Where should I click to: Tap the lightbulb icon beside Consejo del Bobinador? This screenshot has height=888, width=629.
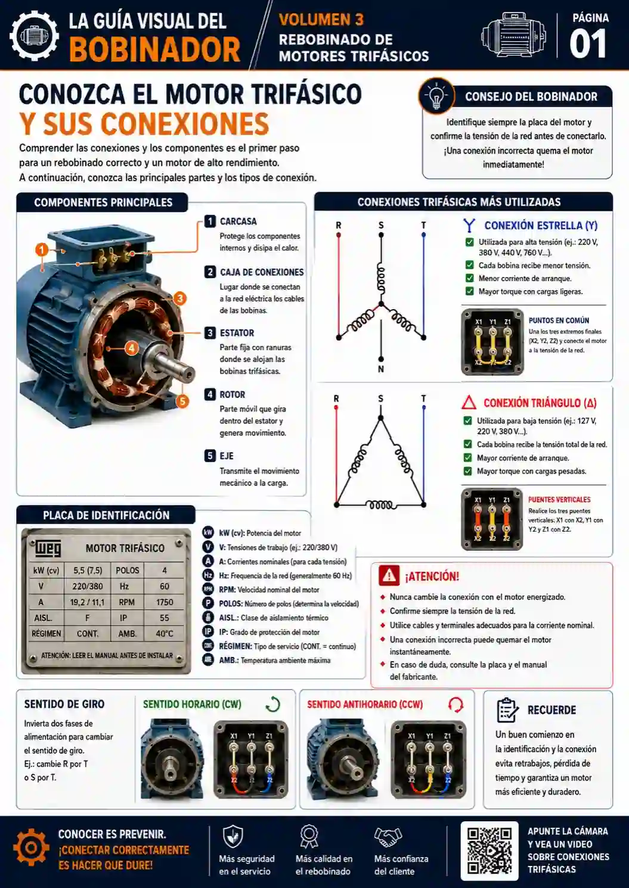click(436, 96)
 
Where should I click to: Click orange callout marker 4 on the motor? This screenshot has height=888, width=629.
click(131, 348)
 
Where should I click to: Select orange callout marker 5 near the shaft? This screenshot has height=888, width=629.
click(182, 401)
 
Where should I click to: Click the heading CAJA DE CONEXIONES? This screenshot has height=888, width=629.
click(262, 272)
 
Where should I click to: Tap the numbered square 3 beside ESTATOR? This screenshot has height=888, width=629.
click(210, 332)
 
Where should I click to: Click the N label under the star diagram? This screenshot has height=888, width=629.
click(381, 369)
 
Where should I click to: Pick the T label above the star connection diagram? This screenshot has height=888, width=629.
click(423, 225)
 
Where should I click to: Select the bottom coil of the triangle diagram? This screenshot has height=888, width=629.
click(381, 505)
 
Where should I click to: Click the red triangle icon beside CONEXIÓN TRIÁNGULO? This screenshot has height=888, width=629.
click(469, 402)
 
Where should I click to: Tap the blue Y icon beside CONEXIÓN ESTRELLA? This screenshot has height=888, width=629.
click(469, 225)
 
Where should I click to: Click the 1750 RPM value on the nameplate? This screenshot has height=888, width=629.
click(165, 602)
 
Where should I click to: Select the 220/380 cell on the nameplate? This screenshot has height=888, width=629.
click(87, 586)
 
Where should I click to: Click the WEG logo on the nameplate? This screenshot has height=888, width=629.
click(48, 548)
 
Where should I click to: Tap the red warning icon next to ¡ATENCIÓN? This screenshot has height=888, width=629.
click(389, 575)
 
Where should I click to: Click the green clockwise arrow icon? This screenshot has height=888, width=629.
click(273, 705)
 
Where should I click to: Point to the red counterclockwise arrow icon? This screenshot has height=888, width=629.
click(456, 705)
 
